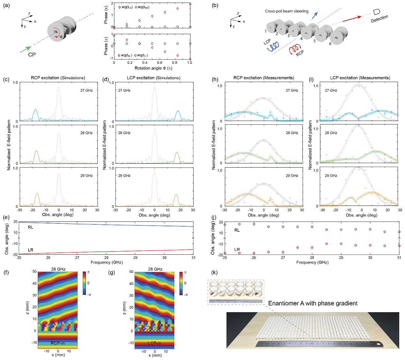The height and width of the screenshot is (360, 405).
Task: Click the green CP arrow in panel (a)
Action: coord(26,49)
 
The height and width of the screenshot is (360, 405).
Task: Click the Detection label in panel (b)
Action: coord(379,19)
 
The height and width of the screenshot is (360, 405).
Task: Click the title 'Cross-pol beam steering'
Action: coord(287,11)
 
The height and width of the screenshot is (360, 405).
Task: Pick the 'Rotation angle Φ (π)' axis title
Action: coord(153,68)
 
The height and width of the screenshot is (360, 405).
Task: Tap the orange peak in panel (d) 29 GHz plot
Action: coord(176,195)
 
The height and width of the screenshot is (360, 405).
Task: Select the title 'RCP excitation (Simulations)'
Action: coord(58,78)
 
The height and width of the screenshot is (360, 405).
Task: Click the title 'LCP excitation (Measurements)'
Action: coord(360,78)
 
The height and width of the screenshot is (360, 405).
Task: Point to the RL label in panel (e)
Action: coord(31,227)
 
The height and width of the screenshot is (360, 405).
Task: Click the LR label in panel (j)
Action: coord(237,250)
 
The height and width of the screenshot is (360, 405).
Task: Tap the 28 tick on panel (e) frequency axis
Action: coord(106,258)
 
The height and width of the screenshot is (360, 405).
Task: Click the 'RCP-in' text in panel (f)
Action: coord(57,343)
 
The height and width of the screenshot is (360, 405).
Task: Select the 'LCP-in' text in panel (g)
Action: coord(154,343)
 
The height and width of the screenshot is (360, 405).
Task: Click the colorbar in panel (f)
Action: coord(84,283)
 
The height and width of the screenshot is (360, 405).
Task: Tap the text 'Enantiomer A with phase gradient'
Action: coord(313,304)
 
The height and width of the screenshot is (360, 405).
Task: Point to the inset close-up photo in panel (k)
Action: coord(236,292)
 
